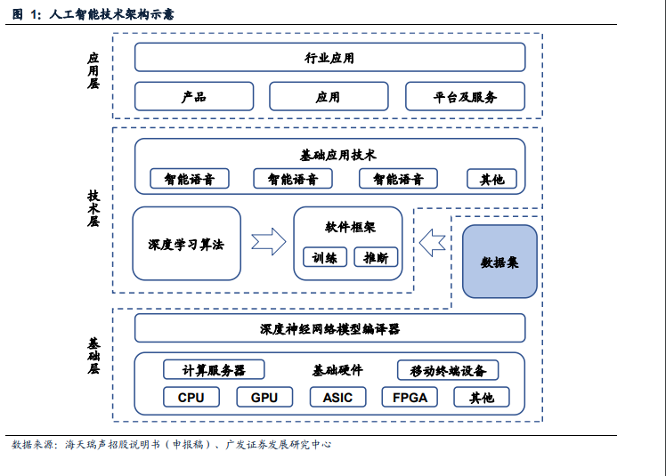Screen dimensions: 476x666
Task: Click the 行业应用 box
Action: tap(329, 58)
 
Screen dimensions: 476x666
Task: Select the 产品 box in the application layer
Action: tap(194, 97)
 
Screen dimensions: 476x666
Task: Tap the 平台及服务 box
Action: tap(465, 97)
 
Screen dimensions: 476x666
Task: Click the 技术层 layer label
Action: tap(93, 209)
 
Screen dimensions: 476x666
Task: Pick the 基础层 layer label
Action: tap(93, 355)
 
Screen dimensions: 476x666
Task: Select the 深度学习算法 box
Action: tap(187, 244)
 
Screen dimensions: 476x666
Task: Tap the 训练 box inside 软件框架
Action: tap(325, 258)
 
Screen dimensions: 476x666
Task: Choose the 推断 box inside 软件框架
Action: tap(376, 258)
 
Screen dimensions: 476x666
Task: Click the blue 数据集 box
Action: tap(499, 262)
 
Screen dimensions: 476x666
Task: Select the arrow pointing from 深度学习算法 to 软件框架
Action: tap(268, 242)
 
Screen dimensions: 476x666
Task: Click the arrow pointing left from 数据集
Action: tap(433, 241)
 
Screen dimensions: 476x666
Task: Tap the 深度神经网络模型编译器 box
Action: tap(329, 328)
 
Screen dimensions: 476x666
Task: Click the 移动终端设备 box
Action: tap(448, 370)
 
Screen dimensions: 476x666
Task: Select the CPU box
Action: tap(191, 397)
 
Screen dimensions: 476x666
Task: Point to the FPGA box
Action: tap(410, 397)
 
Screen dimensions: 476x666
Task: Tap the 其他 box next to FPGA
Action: tap(481, 397)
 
